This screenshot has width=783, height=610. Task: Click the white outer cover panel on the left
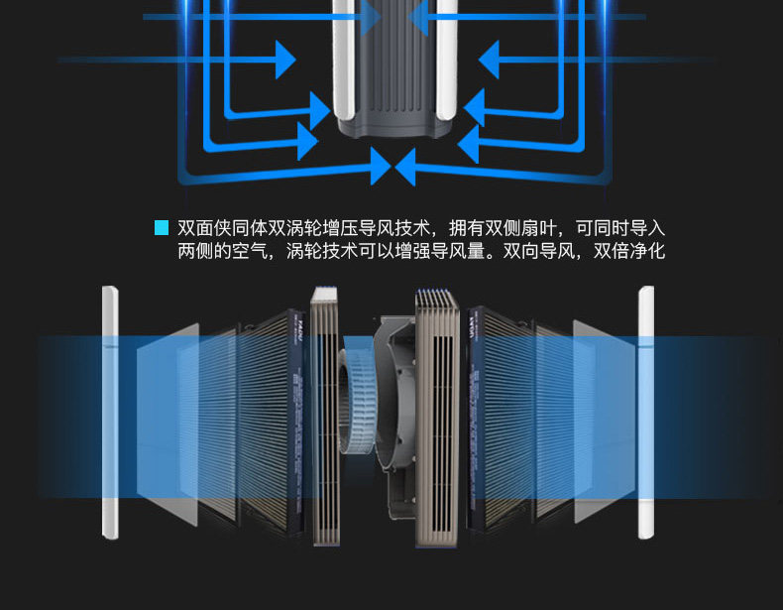[109, 412]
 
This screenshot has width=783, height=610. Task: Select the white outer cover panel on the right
[646, 412]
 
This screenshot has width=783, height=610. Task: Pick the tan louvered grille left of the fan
[326, 417]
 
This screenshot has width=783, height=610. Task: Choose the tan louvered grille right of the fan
[438, 417]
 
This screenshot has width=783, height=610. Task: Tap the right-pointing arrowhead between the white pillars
[372, 17]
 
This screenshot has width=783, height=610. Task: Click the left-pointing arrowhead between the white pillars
[416, 17]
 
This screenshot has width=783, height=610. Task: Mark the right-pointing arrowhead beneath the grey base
[380, 166]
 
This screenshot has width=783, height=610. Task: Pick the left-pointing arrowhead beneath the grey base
[406, 166]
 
